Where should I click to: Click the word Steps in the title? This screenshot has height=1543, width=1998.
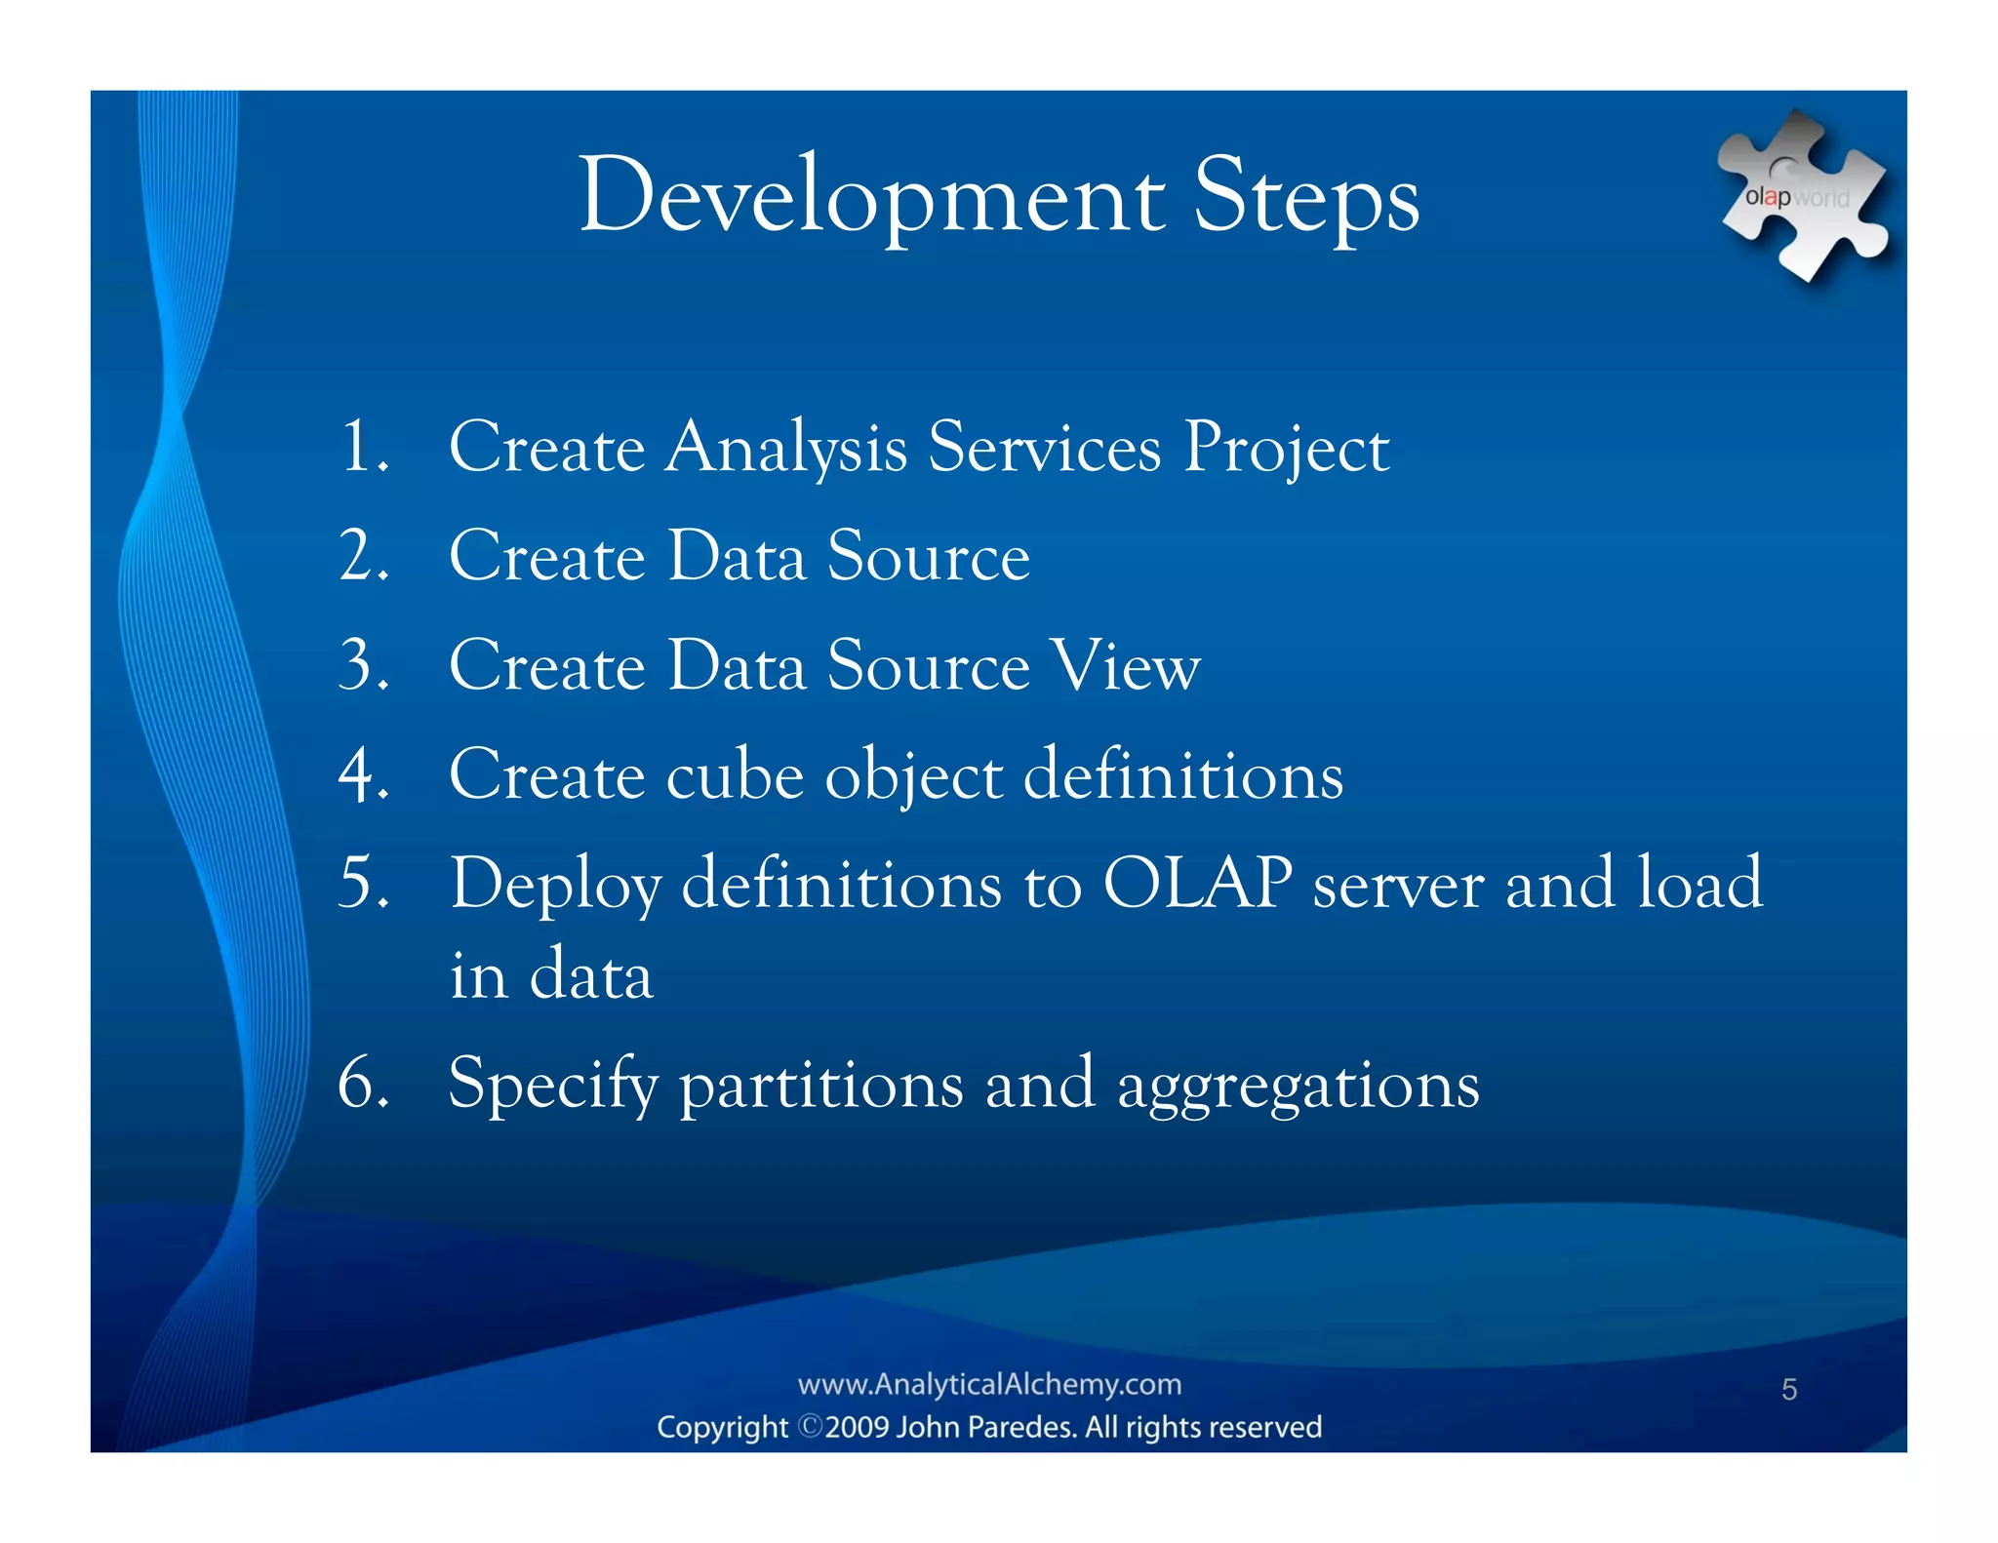[x=1306, y=198]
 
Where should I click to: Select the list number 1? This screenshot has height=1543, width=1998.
[x=363, y=448]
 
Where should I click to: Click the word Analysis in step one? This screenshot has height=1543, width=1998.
[x=785, y=450]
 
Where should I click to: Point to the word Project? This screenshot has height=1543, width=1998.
[x=1286, y=450]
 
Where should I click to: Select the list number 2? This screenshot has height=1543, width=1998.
[x=363, y=557]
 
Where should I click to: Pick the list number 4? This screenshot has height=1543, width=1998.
[x=363, y=775]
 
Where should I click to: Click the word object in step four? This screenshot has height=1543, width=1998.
[x=913, y=778]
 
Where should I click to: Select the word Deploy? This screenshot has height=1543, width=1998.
[x=555, y=886]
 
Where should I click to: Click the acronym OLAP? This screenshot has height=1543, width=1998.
[x=1197, y=884]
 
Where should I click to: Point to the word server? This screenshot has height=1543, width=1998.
[x=1398, y=886]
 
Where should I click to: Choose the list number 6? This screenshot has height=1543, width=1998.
[x=363, y=1084]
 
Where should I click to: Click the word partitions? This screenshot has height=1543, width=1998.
[x=821, y=1086]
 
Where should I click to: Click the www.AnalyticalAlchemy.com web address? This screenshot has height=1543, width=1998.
[x=989, y=1384]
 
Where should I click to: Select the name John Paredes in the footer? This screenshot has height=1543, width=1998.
[x=985, y=1427]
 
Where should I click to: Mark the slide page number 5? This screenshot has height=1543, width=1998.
[x=1788, y=1389]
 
